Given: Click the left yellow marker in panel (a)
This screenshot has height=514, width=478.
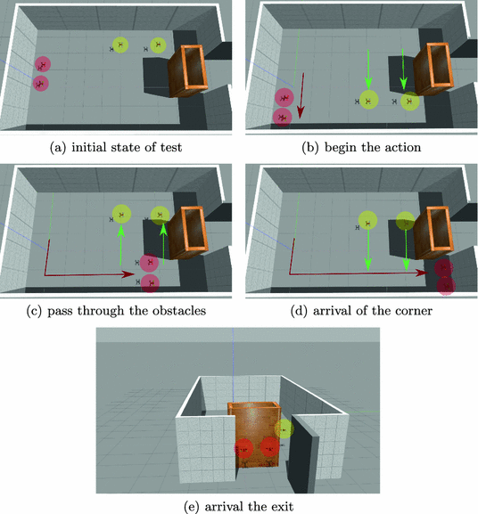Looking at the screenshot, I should [120, 45].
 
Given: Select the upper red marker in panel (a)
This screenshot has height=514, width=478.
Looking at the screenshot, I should [42, 64].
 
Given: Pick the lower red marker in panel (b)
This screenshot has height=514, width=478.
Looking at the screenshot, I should [283, 116].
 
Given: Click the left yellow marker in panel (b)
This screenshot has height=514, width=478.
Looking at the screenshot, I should [367, 102].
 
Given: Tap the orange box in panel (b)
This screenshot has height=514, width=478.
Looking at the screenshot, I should [436, 69].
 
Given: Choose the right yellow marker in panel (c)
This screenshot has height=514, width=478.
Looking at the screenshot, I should [161, 214].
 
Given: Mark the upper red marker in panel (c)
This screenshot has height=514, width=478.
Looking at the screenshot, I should [149, 262].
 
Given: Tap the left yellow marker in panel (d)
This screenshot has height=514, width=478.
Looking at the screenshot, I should [366, 220].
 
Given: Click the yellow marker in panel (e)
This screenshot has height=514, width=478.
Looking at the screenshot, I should [284, 428].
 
